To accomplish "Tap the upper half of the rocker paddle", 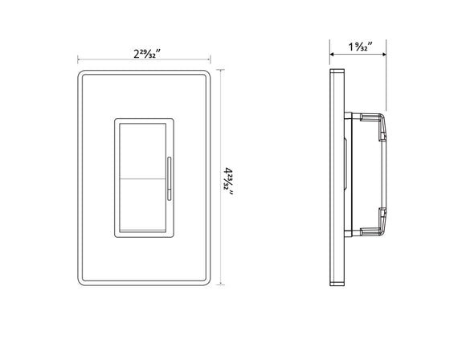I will click(142, 149).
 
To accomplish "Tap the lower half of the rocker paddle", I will click(142, 204).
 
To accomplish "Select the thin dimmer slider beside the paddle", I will click(169, 178).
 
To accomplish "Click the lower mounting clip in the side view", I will click(381, 215).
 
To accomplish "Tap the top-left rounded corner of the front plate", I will click(83, 75).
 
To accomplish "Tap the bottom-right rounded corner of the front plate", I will click(206, 282).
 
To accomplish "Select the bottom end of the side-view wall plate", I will click(338, 284).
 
